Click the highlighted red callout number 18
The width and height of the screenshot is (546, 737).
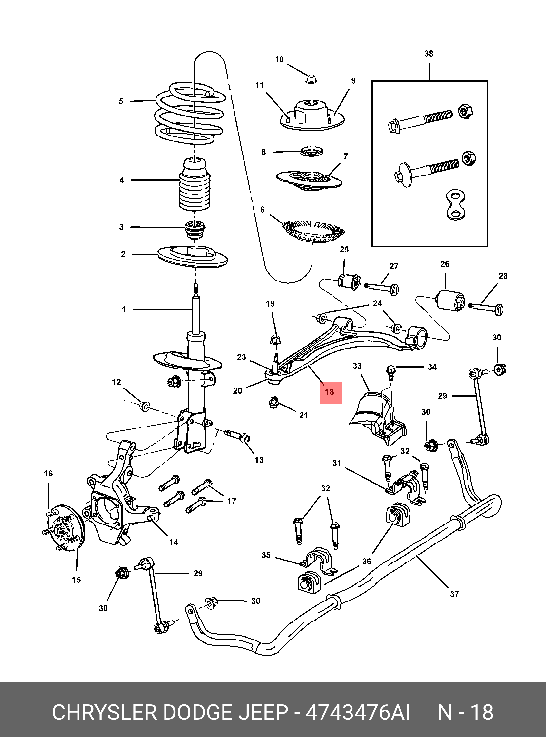pos(330,393)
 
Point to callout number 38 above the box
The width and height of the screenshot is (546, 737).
pos(429,54)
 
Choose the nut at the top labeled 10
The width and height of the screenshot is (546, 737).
pos(311,80)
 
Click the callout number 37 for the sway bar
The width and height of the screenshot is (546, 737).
pos(454,594)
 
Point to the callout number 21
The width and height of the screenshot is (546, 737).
pos(303,416)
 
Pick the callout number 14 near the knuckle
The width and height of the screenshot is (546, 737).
pos(174,542)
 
